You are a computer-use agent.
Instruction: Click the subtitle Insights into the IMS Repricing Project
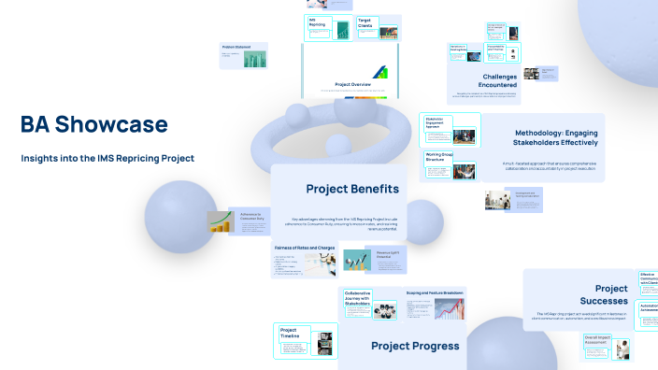click(107, 158)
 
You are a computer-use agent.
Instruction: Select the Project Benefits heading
click(352, 189)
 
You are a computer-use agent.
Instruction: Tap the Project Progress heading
click(415, 346)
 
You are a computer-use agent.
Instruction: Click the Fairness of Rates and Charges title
click(305, 248)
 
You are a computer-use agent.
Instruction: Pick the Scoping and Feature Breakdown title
click(436, 291)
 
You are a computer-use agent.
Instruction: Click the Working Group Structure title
click(439, 158)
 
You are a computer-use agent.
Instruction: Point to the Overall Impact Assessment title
click(596, 340)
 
